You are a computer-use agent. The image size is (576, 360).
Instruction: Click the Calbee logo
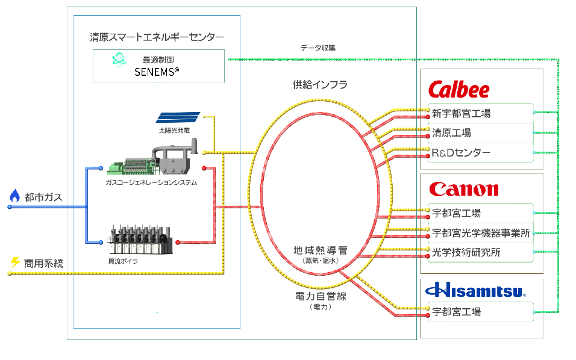click(x=459, y=90)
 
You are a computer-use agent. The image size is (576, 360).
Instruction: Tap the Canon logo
click(x=464, y=190)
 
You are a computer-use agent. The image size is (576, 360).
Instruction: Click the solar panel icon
click(x=178, y=117)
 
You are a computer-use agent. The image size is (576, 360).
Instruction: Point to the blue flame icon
click(x=14, y=196)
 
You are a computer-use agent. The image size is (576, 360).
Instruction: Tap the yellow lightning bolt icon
click(x=15, y=262)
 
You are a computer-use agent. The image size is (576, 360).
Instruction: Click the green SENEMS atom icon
click(x=119, y=59)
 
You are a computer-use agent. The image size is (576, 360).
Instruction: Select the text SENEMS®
click(x=157, y=72)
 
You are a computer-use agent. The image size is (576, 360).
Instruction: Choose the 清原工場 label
click(x=451, y=133)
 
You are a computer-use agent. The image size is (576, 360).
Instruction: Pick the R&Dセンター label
click(x=461, y=153)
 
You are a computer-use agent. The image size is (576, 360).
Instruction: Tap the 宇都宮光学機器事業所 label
click(x=481, y=233)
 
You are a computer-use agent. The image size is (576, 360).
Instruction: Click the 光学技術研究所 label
click(x=466, y=253)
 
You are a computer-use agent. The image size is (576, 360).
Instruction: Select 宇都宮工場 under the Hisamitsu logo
click(x=456, y=312)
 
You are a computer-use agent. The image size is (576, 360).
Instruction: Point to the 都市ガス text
click(x=43, y=197)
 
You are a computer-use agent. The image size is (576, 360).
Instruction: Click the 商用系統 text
click(x=43, y=263)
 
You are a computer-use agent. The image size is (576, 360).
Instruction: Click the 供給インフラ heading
click(x=320, y=85)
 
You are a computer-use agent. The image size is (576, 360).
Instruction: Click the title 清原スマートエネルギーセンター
click(x=156, y=37)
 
